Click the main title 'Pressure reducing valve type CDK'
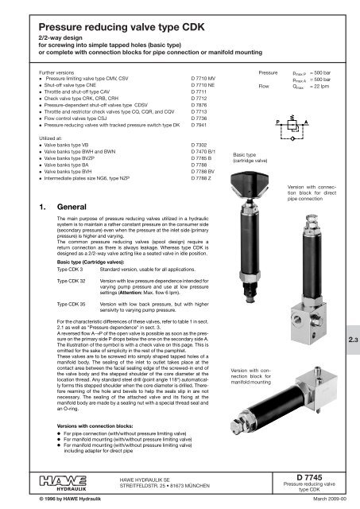[x=120, y=23]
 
